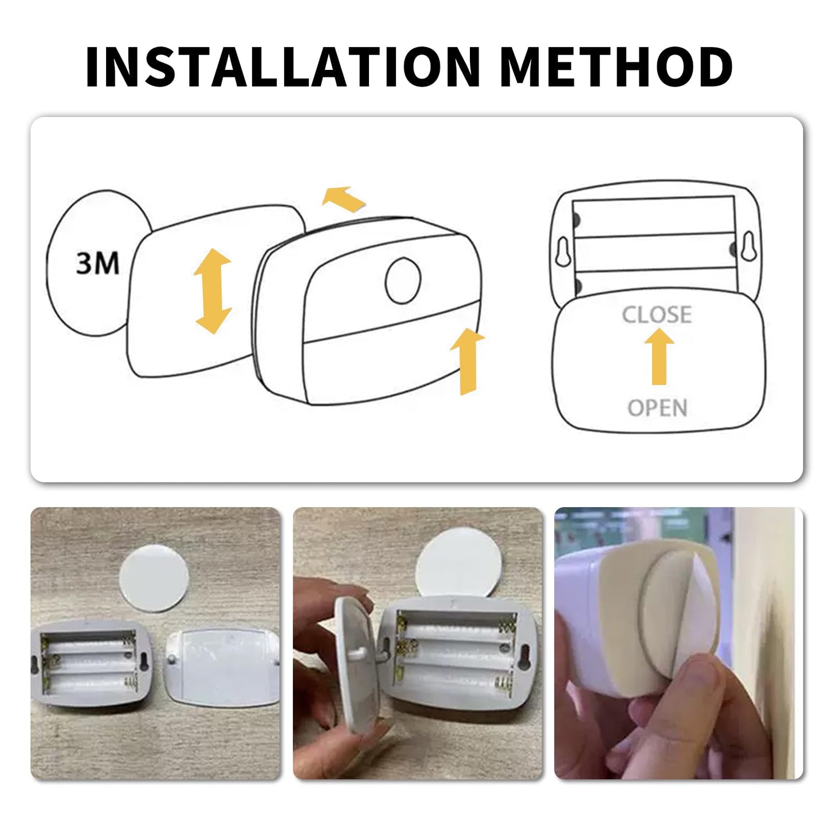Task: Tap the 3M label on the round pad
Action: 97,264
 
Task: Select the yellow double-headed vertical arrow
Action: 213,291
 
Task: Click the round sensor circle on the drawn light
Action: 403,281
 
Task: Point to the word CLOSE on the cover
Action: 657,315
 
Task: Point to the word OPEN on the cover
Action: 657,408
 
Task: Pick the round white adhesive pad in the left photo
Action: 154,578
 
